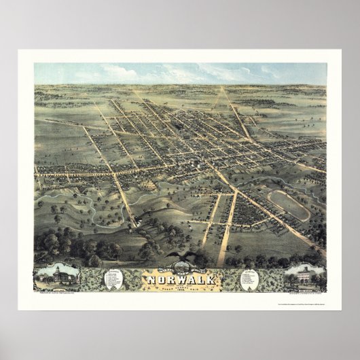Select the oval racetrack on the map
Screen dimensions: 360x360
tap(289, 204)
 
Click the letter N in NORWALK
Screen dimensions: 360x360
tap(144, 278)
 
